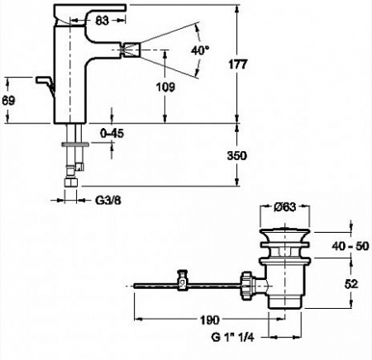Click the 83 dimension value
(x=102, y=21)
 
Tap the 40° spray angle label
(x=200, y=50)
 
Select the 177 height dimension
(x=238, y=64)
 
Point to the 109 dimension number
(x=165, y=88)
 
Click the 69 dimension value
(x=8, y=101)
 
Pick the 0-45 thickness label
(x=112, y=134)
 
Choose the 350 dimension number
(x=236, y=156)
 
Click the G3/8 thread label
(x=108, y=201)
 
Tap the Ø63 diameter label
(x=285, y=207)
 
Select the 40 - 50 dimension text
(x=351, y=246)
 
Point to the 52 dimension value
(x=351, y=284)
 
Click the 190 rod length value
(x=210, y=320)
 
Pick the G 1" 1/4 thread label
(x=232, y=337)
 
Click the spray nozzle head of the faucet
(x=131, y=50)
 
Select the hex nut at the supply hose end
(x=70, y=182)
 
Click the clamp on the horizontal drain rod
(x=183, y=280)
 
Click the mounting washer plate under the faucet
(x=75, y=144)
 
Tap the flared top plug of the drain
(x=285, y=234)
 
